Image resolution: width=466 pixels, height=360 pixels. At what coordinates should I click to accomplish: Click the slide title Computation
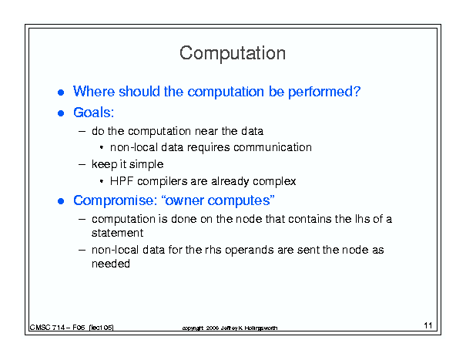coord(233,53)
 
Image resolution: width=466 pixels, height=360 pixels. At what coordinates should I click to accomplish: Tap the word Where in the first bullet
coord(94,91)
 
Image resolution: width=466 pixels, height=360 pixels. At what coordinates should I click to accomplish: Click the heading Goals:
coord(94,113)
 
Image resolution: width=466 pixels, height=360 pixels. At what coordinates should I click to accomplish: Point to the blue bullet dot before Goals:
coord(61,113)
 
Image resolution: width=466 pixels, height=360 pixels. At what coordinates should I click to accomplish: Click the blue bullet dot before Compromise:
coord(61,201)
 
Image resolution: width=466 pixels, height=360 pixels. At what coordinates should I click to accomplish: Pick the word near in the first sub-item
coord(206,131)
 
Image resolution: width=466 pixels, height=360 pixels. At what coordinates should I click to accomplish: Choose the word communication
coord(273,147)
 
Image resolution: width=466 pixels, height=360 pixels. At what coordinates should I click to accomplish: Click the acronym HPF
coord(122,181)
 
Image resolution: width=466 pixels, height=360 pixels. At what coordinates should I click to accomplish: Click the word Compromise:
coord(116,201)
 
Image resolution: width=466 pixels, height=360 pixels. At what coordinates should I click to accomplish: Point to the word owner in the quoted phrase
coord(184,201)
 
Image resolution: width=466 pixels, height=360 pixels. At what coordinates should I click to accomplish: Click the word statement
coord(117,233)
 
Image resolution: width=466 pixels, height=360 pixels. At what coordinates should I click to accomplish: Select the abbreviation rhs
coord(213,250)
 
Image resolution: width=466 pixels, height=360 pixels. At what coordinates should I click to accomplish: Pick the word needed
coord(111,264)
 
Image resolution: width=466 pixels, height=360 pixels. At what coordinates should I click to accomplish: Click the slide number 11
coord(428,325)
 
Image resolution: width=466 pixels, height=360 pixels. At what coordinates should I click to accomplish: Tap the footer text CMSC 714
coord(47,328)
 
